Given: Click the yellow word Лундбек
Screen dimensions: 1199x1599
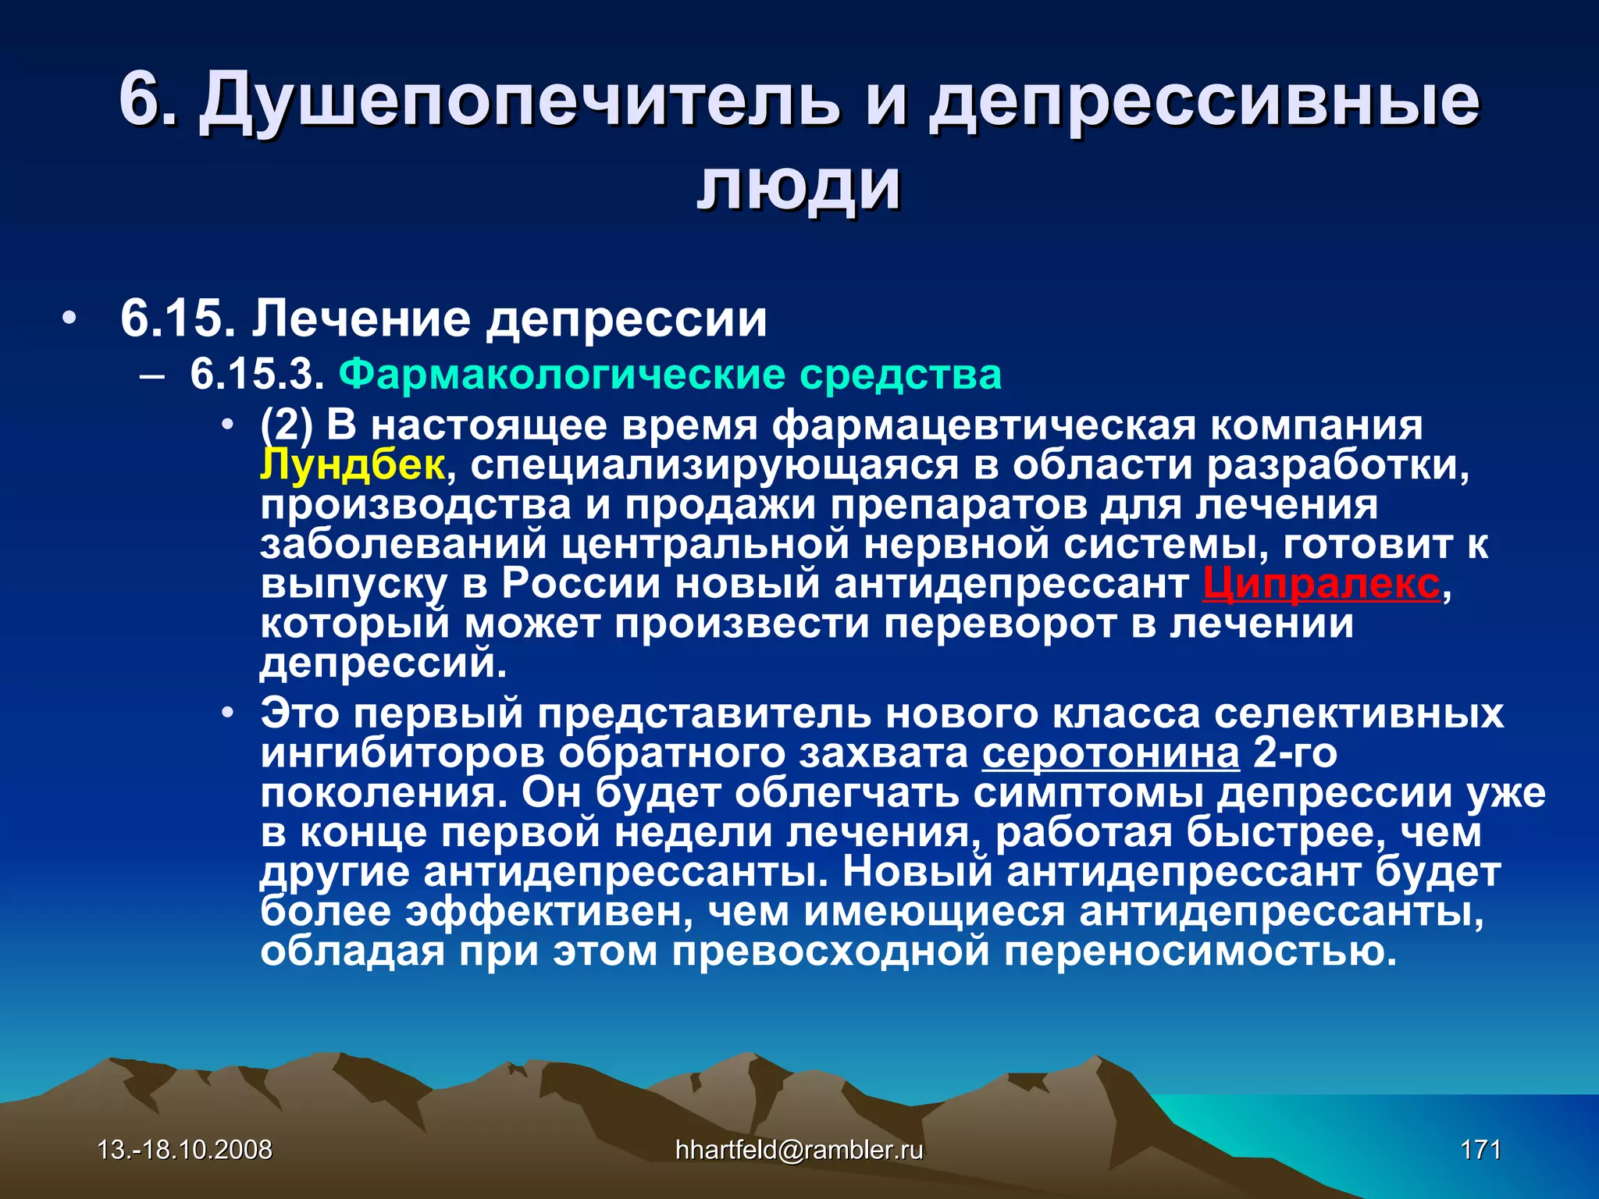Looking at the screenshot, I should pos(352,465).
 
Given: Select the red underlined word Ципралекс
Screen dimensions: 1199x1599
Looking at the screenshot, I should pos(1321,584).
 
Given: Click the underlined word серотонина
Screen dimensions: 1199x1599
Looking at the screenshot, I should pos(1110,754).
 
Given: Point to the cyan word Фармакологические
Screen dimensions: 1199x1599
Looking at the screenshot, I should pos(563,375).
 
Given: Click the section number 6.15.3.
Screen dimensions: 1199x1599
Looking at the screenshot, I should pos(257,375).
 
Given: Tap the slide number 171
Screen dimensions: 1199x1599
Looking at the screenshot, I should pos(1480,1150).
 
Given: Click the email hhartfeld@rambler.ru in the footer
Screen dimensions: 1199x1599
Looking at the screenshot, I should pos(799,1150).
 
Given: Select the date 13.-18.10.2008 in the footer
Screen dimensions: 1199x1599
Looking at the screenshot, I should pos(185,1150).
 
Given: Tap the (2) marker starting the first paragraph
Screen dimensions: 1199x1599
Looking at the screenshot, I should pos(287,426).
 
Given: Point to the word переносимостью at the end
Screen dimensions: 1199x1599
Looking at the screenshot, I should pos(1200,952).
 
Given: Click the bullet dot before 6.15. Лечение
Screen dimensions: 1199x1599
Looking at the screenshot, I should pos(70,319).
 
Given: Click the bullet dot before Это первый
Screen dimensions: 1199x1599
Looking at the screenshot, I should pos(227,713).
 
